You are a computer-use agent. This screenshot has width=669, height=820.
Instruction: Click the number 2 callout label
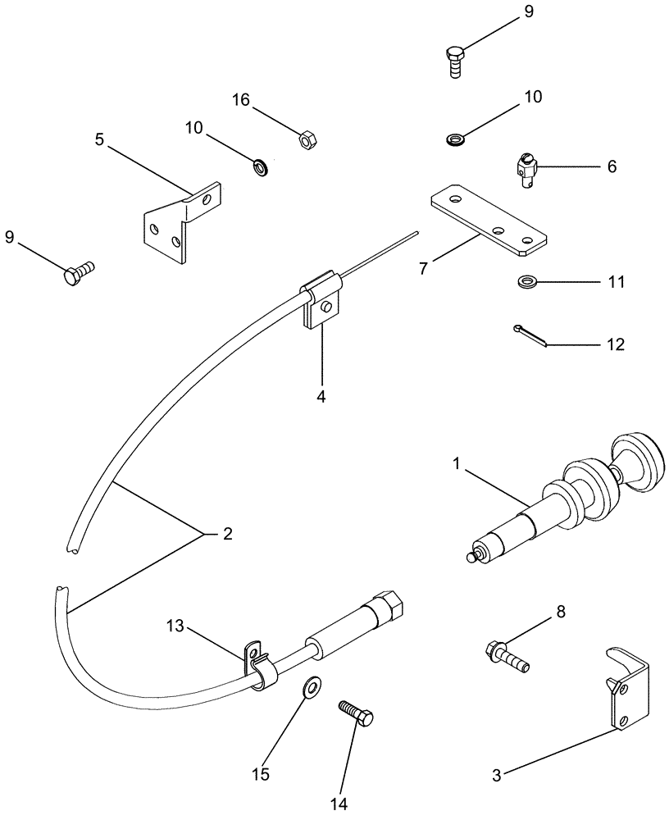pyautogui.click(x=228, y=534)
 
